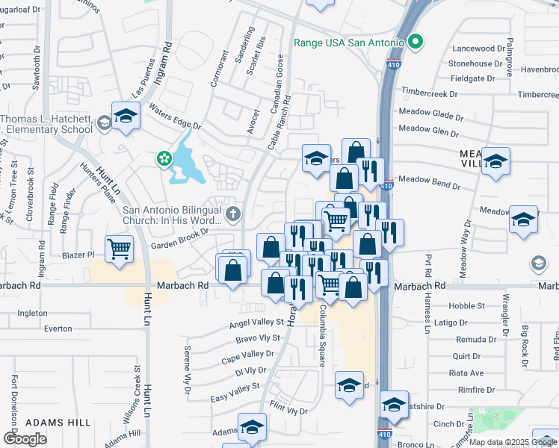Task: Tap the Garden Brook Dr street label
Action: point(179,233)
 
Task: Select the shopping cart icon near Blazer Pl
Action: point(119,249)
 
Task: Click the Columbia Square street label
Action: point(322,335)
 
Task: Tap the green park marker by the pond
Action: point(163,158)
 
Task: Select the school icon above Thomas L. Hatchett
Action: point(126,116)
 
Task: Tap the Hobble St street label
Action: point(466,306)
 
